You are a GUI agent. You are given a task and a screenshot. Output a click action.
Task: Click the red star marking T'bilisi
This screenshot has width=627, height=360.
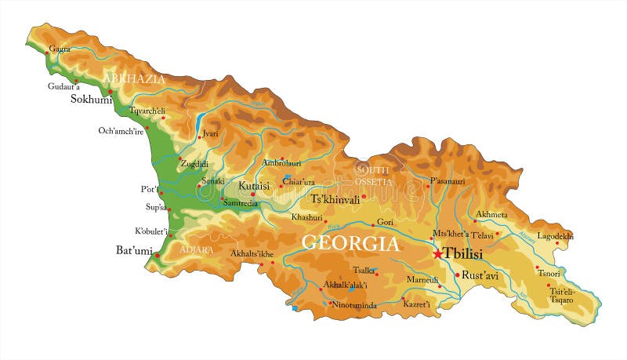pos(437,254)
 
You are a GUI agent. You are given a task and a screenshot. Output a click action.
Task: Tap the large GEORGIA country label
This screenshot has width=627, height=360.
pos(350,243)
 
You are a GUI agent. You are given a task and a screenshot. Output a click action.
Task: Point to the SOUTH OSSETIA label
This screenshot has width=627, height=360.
pos(374,176)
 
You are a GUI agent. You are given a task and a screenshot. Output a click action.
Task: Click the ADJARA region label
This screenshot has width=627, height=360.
pos(197,249)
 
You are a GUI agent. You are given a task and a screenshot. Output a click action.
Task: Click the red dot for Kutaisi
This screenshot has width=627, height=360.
pos(252,194)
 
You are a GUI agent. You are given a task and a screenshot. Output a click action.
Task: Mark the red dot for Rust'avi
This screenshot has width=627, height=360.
pos(457,275)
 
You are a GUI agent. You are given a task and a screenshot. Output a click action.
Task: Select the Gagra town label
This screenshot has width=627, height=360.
pos(60,49)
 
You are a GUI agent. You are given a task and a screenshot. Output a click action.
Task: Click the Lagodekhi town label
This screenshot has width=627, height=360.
pos(555,235)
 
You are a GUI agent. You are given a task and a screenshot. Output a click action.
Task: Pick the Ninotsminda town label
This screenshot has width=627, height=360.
pos(357,304)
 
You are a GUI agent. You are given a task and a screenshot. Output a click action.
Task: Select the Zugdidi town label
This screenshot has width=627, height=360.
pos(194,164)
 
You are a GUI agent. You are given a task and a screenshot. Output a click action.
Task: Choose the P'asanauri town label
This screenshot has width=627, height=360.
pos(448,180)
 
